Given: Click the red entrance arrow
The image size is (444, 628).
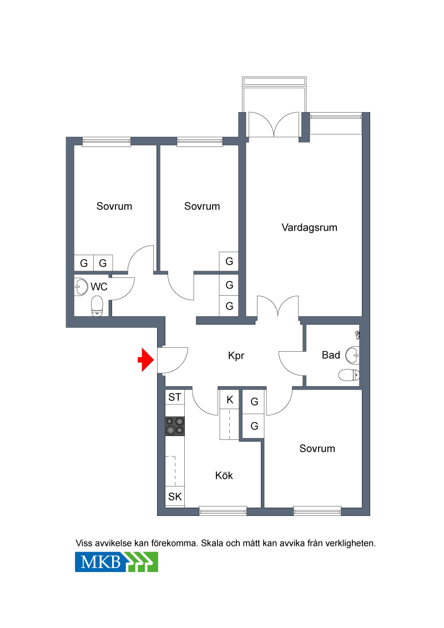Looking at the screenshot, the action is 146,359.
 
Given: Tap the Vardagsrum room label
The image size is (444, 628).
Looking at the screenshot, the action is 309,227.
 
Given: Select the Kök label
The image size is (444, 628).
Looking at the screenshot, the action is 224,475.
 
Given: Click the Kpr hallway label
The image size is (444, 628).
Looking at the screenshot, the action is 236,356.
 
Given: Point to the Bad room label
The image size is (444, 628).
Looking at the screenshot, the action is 331,355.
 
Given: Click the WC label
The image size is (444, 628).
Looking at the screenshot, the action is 99,287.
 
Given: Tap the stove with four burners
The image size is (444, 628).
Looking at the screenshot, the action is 175,426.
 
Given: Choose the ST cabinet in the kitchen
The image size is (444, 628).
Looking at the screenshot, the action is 175,397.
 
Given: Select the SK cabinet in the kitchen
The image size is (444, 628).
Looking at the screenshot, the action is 175,497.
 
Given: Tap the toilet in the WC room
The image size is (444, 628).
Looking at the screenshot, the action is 97,306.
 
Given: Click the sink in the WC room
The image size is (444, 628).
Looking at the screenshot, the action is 81,287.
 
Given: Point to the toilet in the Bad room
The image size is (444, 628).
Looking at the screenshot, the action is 349,375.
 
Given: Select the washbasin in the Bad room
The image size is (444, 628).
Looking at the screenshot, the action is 352,355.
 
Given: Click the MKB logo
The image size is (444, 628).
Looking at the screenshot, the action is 117,562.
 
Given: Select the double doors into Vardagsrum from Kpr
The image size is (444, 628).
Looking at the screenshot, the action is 277,307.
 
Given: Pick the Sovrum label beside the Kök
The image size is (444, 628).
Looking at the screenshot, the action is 317,449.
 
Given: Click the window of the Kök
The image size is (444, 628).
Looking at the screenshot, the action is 223,510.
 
